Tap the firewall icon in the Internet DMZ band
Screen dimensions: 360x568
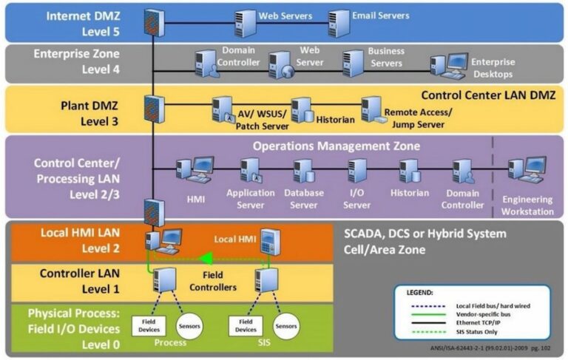point(153,23)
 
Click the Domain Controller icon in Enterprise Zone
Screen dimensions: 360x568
point(206,65)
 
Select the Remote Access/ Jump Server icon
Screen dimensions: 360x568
point(371,109)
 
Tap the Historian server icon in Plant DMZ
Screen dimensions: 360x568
point(300,110)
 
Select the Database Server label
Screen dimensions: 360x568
point(301,199)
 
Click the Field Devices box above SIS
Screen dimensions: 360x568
point(246,325)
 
